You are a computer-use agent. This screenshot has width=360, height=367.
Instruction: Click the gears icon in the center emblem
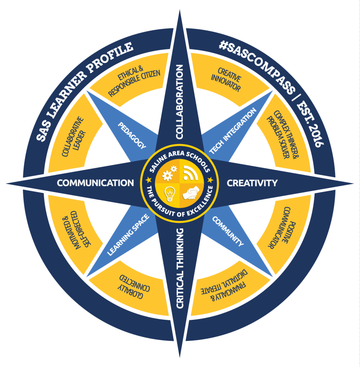(x=170, y=173)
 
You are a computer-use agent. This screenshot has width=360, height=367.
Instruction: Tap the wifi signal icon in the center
(x=190, y=173)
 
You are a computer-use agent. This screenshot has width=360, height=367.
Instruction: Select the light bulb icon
(x=169, y=194)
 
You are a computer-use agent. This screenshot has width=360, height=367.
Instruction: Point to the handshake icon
(x=191, y=193)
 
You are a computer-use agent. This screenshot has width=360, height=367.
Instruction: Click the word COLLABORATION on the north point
(x=179, y=102)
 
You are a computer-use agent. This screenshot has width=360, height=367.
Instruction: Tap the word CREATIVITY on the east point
(x=252, y=183)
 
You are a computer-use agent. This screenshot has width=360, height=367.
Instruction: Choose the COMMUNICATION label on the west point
(x=95, y=183)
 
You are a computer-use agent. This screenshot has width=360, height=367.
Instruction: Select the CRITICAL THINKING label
(x=180, y=268)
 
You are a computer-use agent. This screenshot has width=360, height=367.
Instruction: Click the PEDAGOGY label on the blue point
(x=132, y=135)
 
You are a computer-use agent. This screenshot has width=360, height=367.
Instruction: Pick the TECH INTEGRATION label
(x=233, y=131)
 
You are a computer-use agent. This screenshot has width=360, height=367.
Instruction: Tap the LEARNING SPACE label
(x=128, y=235)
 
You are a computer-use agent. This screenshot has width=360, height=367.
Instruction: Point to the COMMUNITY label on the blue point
(x=228, y=231)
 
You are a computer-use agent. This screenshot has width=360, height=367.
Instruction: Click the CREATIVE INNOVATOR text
(x=226, y=79)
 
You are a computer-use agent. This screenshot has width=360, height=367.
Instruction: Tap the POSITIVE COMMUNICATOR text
(x=282, y=227)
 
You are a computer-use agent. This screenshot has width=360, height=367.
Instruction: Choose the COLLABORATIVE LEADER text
(x=73, y=136)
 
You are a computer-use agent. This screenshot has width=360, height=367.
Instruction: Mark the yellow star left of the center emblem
(x=148, y=180)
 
